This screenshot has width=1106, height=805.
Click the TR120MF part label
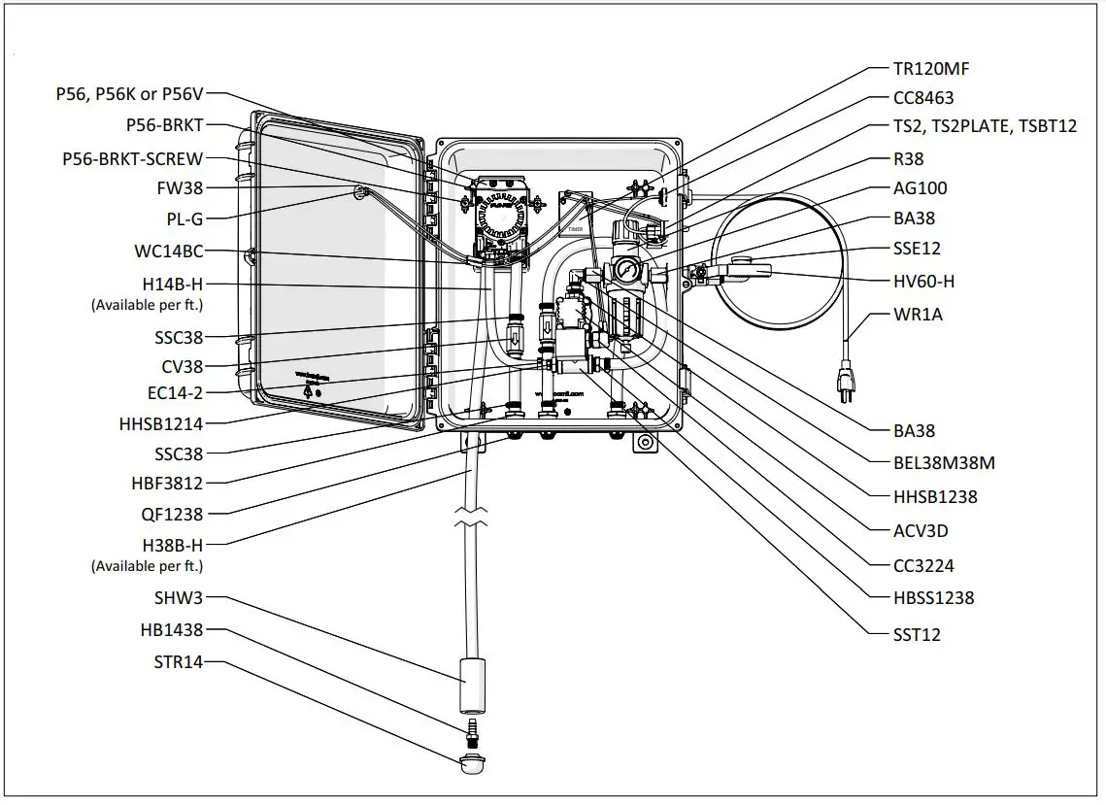[x=930, y=68]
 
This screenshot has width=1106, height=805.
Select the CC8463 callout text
[x=923, y=97]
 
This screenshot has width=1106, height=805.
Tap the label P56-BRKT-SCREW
[x=132, y=159]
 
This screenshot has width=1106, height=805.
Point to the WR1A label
[x=918, y=315]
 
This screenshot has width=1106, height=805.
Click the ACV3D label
[x=921, y=531]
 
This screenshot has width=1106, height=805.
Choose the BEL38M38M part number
[x=944, y=463]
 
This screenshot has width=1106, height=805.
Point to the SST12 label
[x=917, y=635]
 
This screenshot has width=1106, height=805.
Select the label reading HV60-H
[x=923, y=281]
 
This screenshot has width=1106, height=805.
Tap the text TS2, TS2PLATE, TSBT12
[x=985, y=126]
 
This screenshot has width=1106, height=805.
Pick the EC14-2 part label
[x=171, y=392]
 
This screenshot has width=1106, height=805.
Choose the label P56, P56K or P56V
[x=129, y=95]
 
